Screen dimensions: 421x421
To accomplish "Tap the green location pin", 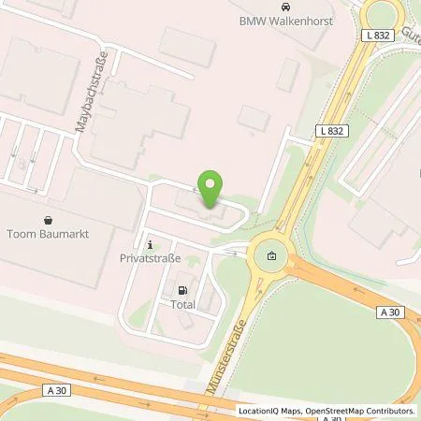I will pos(210,189).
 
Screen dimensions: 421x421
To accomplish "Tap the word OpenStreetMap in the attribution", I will pos(339,411).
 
